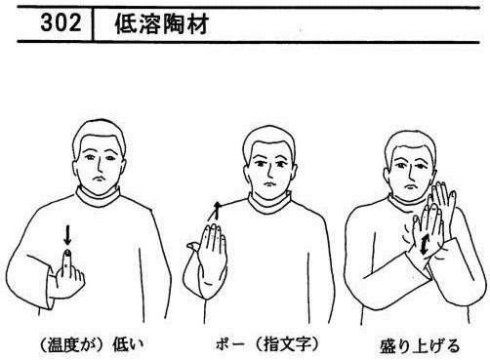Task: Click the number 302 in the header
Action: click(61, 23)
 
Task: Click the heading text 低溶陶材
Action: click(162, 24)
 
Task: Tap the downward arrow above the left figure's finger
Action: click(67, 235)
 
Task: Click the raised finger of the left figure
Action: click(67, 260)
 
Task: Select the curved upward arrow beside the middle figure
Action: click(215, 211)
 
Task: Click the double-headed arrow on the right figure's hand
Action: click(425, 245)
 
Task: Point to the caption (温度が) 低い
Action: click(91, 344)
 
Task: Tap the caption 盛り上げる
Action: click(420, 345)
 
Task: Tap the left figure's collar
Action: click(99, 197)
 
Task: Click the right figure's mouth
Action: click(411, 187)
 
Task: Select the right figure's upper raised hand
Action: click(443, 202)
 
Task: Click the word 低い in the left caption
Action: click(128, 344)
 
